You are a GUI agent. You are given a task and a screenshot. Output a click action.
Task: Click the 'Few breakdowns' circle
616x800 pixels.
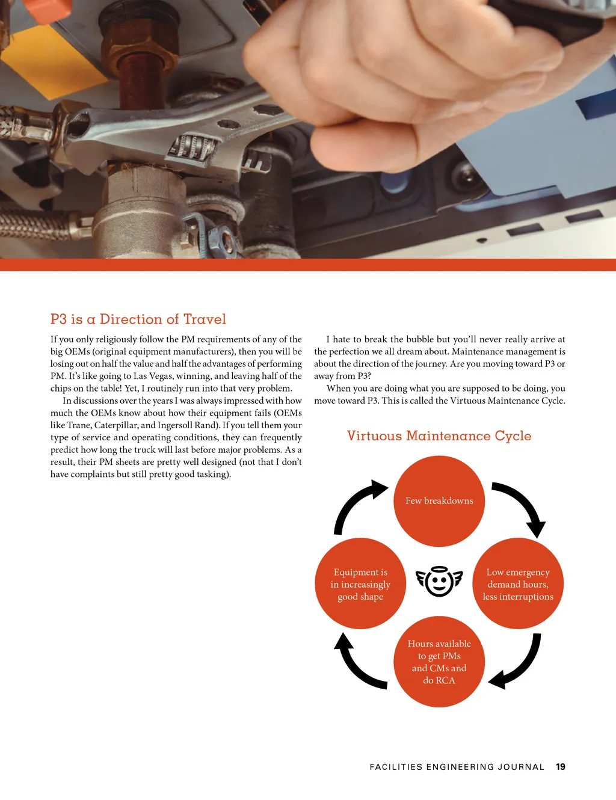[x=439, y=500]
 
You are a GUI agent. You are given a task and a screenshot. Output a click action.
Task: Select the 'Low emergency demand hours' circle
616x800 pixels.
[x=518, y=583]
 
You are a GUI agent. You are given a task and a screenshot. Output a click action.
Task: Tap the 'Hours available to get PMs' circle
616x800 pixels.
[x=439, y=662]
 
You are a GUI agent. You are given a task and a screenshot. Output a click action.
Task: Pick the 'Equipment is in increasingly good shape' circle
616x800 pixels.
[x=360, y=583]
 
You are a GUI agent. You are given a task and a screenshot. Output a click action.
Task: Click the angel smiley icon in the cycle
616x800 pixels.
[x=439, y=581]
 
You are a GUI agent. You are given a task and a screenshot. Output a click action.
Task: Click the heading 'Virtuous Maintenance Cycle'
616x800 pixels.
[x=439, y=436]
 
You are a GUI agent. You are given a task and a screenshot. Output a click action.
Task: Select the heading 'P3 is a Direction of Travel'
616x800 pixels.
[x=138, y=319]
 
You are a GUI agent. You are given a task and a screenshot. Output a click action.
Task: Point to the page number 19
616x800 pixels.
[x=561, y=766]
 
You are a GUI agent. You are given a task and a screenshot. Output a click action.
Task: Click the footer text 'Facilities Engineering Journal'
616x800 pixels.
[x=457, y=767]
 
